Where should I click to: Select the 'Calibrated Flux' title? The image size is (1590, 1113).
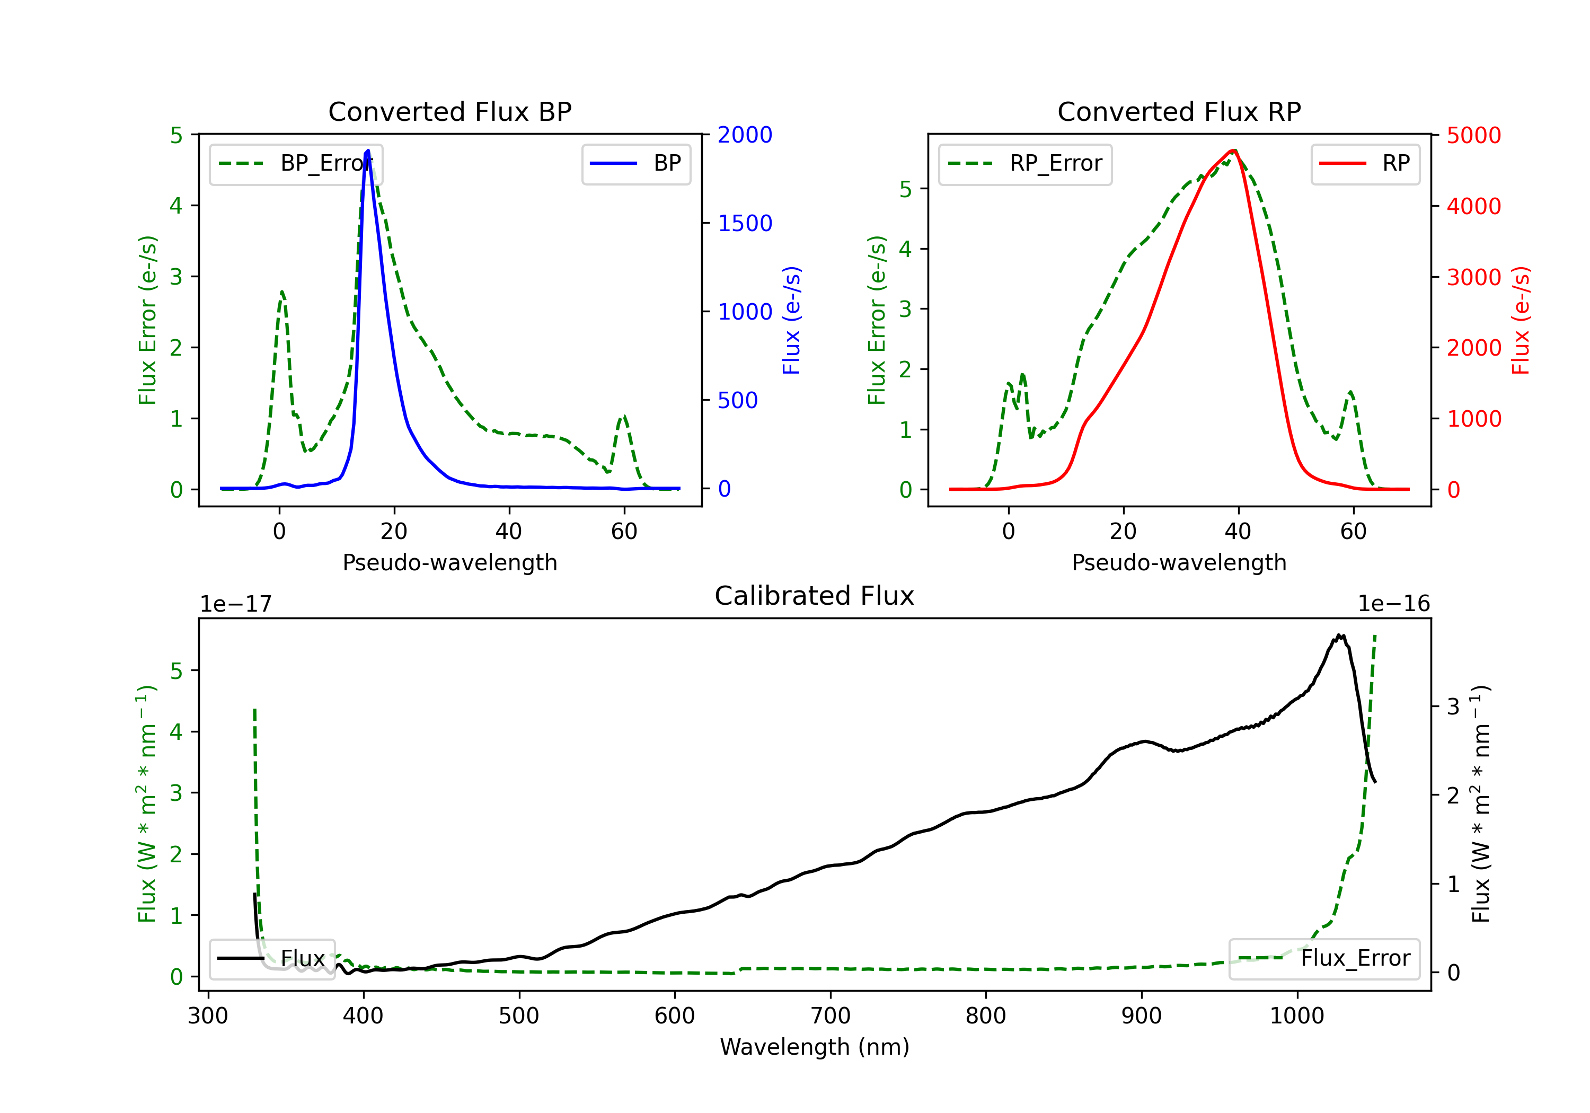[x=815, y=596]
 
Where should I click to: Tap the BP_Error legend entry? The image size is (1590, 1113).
[x=296, y=163]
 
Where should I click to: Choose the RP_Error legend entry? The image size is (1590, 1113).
[x=1025, y=163]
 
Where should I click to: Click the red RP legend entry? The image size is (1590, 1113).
[x=1365, y=163]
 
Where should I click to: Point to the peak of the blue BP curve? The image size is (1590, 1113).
[x=368, y=151]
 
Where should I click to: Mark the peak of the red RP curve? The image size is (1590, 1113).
[x=1233, y=151]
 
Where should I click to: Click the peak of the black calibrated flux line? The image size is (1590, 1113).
[x=1340, y=635]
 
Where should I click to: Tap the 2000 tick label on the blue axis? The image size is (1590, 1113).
[x=745, y=135]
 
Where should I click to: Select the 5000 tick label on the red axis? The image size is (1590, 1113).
[x=1473, y=136]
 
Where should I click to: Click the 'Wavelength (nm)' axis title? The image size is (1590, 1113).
[x=815, y=1047]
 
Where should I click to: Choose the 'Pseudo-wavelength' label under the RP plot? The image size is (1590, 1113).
[x=1179, y=563]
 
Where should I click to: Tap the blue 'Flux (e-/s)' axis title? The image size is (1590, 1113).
[x=791, y=320]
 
